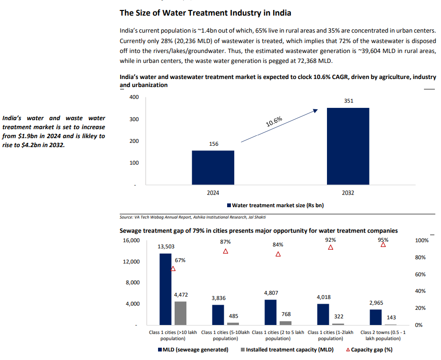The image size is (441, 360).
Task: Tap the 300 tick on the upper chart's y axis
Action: (133, 119)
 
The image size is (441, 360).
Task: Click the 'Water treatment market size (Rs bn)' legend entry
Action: (275, 205)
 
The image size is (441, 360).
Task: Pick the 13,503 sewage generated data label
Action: (166, 246)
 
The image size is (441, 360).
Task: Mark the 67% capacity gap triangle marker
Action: (173, 269)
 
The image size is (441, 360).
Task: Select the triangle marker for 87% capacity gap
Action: (226, 251)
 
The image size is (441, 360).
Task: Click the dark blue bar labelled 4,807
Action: (270, 312)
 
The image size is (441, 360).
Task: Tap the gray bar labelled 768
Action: (286, 323)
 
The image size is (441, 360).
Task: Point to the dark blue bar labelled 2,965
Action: (376, 317)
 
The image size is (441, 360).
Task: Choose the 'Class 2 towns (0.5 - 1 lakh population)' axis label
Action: (382, 335)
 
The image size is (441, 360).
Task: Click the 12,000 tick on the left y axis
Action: (131, 262)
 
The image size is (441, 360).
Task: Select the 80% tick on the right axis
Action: (420, 258)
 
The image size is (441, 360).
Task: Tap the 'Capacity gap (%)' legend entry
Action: (369, 350)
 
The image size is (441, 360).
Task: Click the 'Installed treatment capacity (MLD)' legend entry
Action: (287, 350)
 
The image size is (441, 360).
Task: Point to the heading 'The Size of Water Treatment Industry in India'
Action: (205, 12)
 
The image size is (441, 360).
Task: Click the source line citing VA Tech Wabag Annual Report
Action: (192, 217)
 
